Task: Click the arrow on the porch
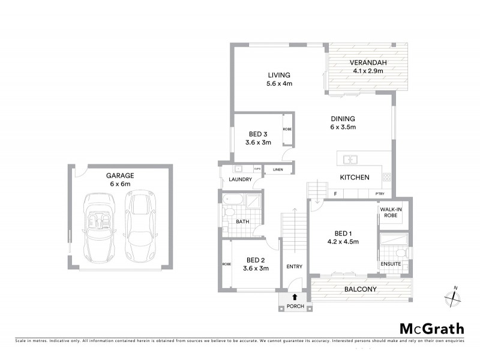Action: (x=295, y=297)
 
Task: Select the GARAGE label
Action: (x=120, y=176)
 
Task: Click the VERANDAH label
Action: (x=369, y=63)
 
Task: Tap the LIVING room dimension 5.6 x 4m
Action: (x=280, y=83)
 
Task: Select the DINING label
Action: (x=343, y=119)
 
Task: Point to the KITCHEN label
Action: (x=354, y=178)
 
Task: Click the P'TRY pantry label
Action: (x=380, y=194)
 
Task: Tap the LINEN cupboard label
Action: (x=277, y=170)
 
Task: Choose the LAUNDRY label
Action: (x=239, y=179)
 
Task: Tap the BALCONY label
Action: (x=360, y=290)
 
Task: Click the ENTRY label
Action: (x=295, y=267)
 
